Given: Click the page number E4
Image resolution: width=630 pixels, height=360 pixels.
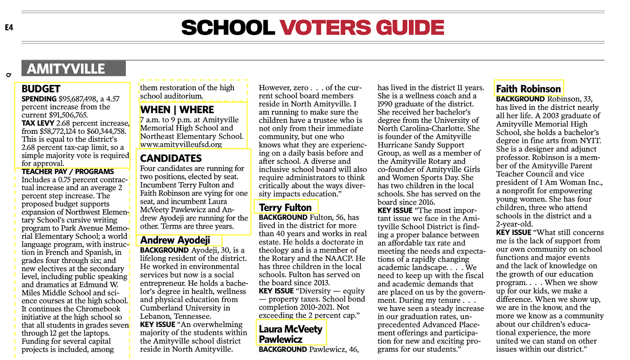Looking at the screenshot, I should pyautogui.click(x=9, y=27).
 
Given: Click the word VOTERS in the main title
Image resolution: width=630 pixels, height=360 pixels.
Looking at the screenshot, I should pyautogui.click(x=325, y=28).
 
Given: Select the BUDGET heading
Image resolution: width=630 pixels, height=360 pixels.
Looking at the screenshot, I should pyautogui.click(x=41, y=89).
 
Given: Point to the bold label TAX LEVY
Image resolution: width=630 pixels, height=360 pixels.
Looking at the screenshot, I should pyautogui.click(x=38, y=123).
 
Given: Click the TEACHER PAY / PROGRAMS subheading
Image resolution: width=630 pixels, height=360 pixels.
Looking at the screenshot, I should pyautogui.click(x=68, y=172).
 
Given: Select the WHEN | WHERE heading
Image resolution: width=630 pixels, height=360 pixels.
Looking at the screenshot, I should pyautogui.click(x=177, y=110).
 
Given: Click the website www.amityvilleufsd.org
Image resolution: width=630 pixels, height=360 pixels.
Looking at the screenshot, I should pyautogui.click(x=181, y=144).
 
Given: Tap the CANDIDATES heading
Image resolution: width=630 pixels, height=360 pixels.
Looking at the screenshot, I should pyautogui.click(x=171, y=158).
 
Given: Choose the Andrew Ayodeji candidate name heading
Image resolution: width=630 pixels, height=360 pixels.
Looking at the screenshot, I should pyautogui.click(x=175, y=240).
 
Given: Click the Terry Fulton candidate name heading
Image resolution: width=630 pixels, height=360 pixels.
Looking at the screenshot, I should pyautogui.click(x=285, y=207).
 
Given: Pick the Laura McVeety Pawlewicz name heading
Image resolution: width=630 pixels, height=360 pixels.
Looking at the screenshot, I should pyautogui.click(x=290, y=334).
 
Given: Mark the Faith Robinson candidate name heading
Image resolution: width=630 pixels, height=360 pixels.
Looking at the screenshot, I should pyautogui.click(x=528, y=89).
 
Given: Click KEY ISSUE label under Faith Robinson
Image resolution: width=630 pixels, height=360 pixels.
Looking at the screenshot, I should pyautogui.click(x=513, y=233).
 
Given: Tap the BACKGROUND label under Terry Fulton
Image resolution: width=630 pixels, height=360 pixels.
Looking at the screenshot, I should pyautogui.click(x=283, y=217).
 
